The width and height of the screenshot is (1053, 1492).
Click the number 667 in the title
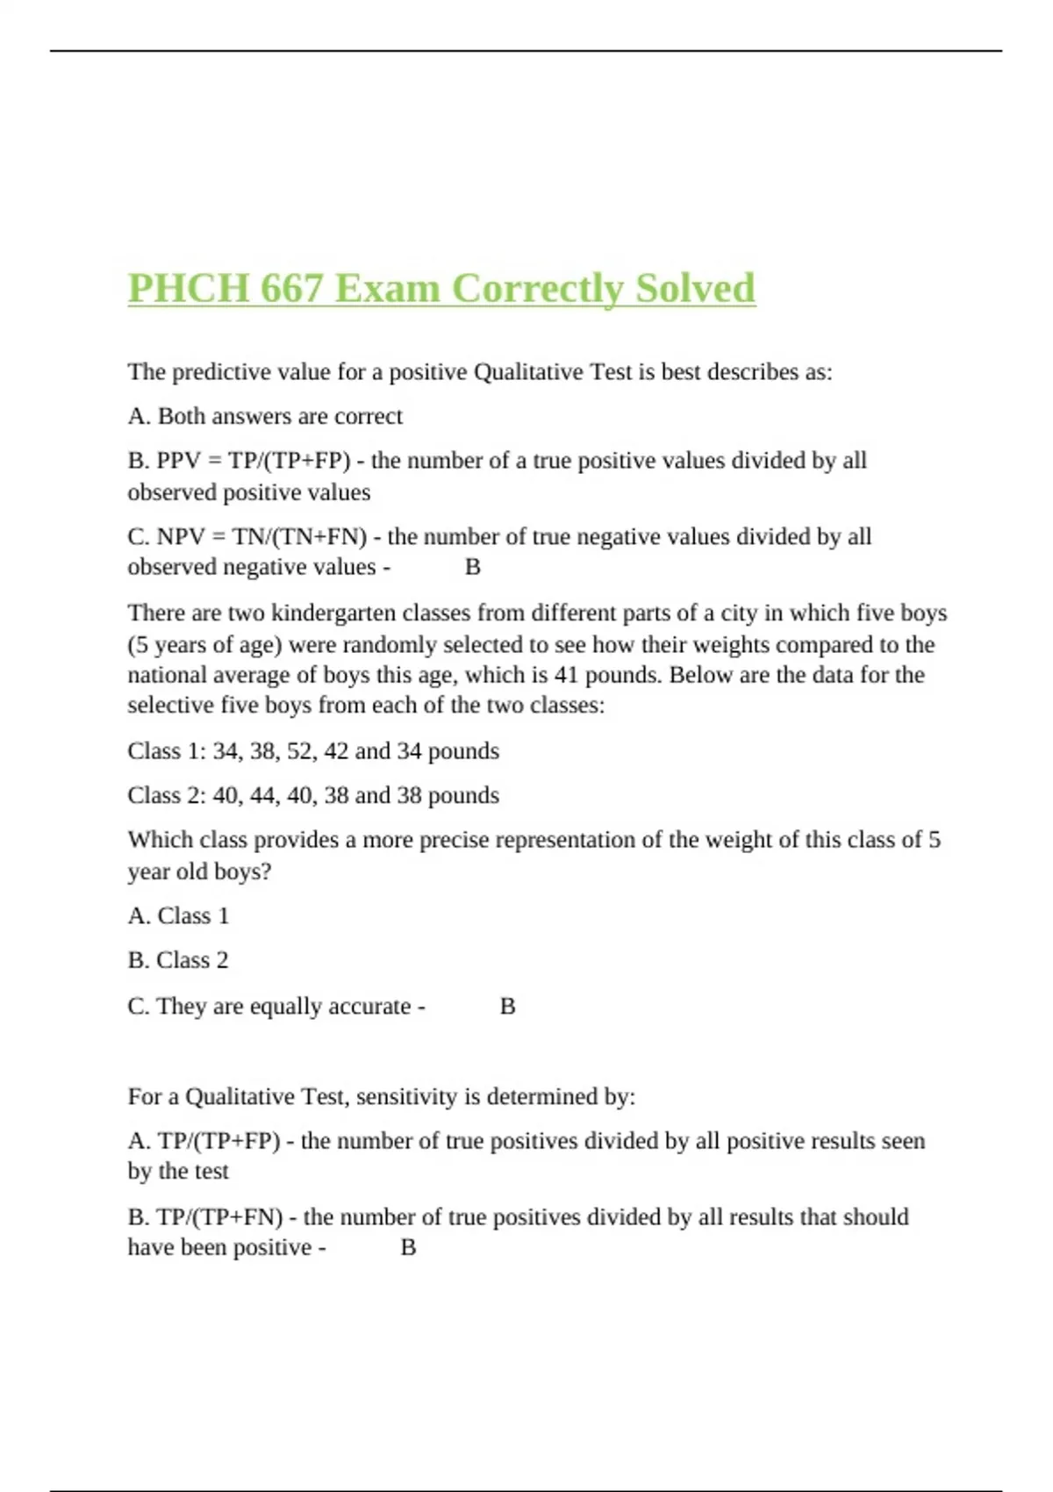[291, 289]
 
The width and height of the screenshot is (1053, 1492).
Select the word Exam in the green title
[387, 289]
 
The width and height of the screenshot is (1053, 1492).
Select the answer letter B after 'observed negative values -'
[472, 568]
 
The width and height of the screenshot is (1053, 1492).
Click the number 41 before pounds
[566, 675]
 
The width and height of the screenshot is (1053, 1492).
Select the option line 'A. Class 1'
[178, 915]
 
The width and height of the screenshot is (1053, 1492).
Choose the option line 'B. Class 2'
[178, 960]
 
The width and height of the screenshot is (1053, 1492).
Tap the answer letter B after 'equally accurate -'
[507, 1007]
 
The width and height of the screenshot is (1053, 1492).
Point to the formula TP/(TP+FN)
[220, 1217]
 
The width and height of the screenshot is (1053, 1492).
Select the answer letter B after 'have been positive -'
[408, 1248]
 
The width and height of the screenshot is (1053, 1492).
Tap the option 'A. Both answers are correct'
[265, 416]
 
